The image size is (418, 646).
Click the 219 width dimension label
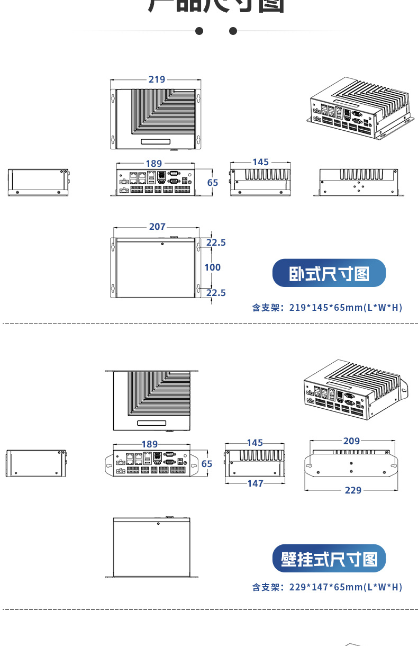tap(157, 79)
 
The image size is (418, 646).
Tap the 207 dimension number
tap(157, 227)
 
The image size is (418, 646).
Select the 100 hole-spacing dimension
tap(213, 267)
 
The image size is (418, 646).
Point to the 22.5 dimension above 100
tap(216, 243)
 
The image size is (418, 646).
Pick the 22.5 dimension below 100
tap(216, 293)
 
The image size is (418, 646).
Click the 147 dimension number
tap(255, 483)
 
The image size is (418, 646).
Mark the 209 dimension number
tap(351, 441)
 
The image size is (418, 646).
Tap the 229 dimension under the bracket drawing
tap(353, 490)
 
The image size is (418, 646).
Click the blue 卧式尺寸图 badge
tap(329, 274)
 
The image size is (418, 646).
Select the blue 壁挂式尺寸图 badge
tap(329, 559)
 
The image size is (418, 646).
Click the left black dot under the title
tap(199, 31)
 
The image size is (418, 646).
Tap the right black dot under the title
tap(233, 31)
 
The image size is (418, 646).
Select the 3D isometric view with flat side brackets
tap(360, 108)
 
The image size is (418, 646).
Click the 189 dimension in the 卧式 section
tap(154, 164)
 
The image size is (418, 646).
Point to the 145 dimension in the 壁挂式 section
tap(255, 443)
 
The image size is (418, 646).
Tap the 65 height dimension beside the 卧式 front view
tap(212, 183)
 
